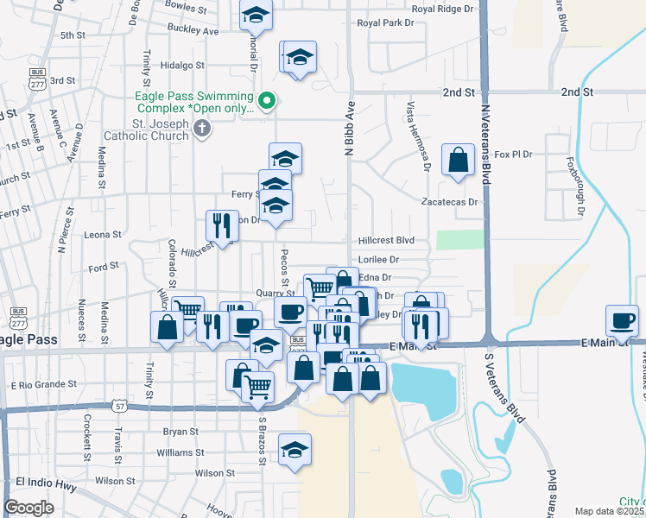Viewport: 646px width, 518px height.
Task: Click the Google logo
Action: [29, 508]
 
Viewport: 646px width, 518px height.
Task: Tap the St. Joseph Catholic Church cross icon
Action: [202, 129]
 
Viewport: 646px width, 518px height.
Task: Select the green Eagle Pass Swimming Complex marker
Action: [268, 101]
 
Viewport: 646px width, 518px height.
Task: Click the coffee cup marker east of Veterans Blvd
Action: [622, 319]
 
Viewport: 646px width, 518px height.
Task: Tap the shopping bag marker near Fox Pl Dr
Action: [458, 159]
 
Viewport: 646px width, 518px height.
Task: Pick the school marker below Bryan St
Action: [294, 449]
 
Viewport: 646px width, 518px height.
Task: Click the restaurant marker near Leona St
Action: [222, 224]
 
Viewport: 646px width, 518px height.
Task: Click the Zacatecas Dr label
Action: [449, 202]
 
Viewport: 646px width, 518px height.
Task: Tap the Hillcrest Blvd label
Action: [386, 240]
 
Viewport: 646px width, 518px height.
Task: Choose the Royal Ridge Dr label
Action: [443, 9]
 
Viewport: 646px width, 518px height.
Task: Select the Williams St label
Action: [180, 452]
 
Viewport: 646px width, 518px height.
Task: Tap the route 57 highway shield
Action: [119, 405]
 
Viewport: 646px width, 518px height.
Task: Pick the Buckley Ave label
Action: [193, 30]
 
